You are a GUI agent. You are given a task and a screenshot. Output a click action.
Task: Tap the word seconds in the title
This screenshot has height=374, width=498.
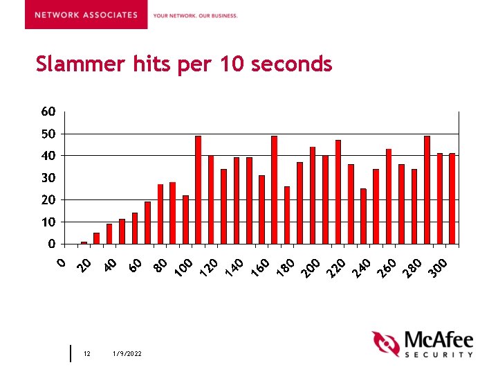click(x=292, y=64)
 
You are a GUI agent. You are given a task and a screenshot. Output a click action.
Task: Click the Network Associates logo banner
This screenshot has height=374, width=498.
click(x=86, y=15)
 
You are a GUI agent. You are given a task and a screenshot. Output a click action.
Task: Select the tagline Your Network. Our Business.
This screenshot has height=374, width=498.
click(x=195, y=15)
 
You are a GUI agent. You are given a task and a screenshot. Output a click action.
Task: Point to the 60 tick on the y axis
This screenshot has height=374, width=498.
click(x=47, y=112)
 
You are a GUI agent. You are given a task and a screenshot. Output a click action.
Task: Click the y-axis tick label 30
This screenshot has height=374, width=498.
click(x=47, y=178)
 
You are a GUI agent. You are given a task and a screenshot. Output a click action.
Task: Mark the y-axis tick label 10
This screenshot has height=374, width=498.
click(x=47, y=222)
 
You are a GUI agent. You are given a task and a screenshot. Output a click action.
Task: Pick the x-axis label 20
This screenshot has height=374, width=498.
click(x=84, y=265)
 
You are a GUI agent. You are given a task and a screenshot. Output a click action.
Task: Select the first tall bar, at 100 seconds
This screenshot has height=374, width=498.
click(x=198, y=190)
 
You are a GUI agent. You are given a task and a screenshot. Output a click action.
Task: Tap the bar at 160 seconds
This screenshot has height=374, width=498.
click(x=274, y=190)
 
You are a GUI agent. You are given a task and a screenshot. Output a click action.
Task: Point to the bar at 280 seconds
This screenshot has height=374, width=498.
click(x=427, y=190)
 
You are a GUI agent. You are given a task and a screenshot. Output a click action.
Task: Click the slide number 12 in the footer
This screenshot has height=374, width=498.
click(x=87, y=354)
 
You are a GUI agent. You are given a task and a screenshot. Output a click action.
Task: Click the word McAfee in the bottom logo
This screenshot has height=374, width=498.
click(x=439, y=341)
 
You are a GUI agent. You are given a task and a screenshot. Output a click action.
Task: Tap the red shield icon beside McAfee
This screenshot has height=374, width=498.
click(x=385, y=344)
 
